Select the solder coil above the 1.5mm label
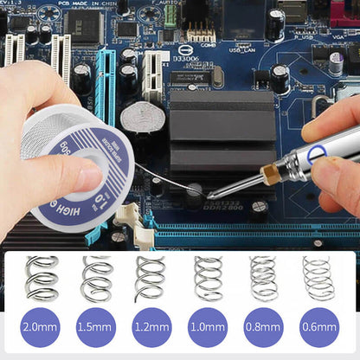coord(97,279)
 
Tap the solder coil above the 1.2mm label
coord(151,279)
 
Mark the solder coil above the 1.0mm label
coord(208,279)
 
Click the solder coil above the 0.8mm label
coord(263,279)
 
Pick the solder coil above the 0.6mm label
coord(318,279)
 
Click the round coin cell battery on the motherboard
coord(138,117)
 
